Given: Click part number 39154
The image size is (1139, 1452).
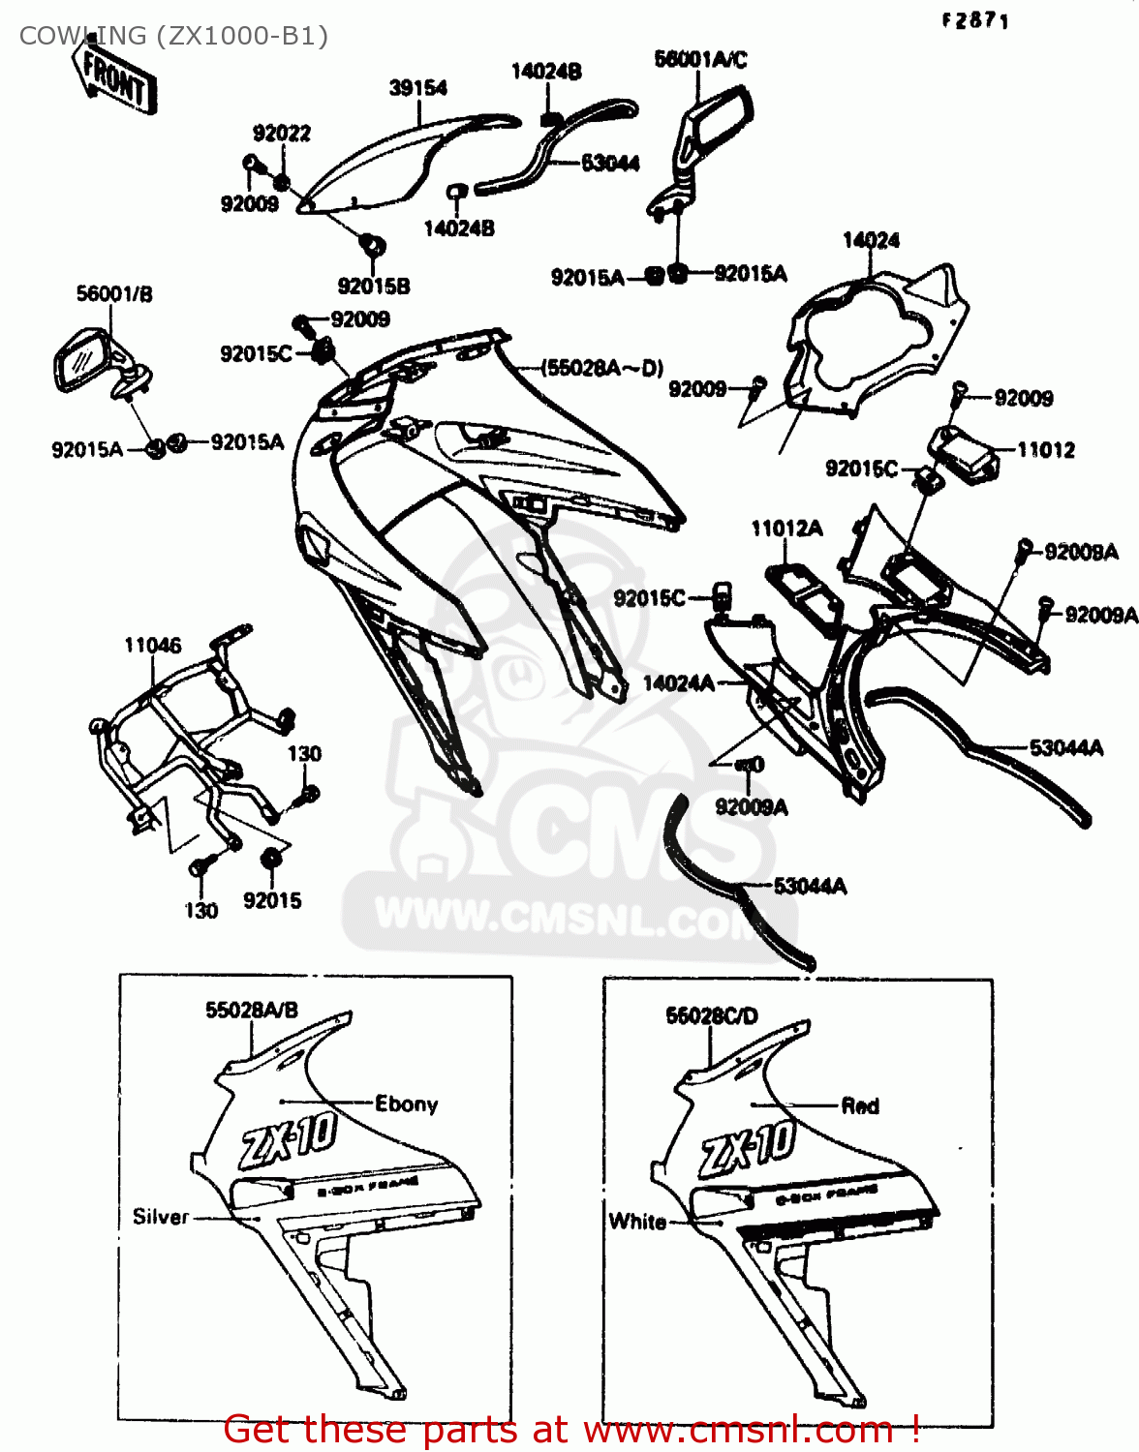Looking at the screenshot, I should [x=417, y=88].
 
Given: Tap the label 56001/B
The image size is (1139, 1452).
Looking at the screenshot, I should [x=114, y=293].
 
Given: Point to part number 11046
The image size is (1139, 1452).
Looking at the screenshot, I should [x=152, y=646].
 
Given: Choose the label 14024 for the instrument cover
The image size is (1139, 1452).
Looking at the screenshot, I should [x=871, y=240].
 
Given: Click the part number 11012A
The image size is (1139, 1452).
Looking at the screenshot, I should [x=786, y=528].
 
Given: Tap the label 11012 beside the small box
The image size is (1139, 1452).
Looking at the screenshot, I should [x=1045, y=449].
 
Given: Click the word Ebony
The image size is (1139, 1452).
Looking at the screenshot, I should [x=406, y=1104].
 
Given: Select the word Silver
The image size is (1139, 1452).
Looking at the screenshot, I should [x=160, y=1217].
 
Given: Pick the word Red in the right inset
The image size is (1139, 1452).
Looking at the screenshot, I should [x=859, y=1105].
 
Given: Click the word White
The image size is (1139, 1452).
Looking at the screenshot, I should [x=637, y=1222].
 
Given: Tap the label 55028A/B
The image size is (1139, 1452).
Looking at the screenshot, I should [x=252, y=1010].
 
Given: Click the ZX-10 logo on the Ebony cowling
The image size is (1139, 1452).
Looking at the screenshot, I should [x=288, y=1140].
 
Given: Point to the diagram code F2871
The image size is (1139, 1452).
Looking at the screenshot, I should [x=974, y=20].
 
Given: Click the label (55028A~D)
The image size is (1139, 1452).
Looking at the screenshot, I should [x=601, y=368].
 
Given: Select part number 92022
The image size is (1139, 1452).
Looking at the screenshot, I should [x=282, y=134].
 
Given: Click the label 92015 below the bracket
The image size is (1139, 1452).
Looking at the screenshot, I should [x=272, y=900].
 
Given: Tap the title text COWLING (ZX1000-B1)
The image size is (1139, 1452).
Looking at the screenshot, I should [x=173, y=36].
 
